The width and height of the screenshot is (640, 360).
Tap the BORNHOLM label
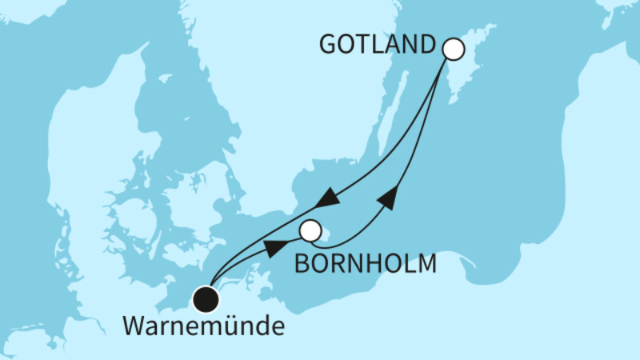tap(366, 263)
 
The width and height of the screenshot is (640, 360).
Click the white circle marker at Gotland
tap(454, 50)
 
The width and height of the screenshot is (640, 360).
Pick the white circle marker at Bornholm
tap(310, 231)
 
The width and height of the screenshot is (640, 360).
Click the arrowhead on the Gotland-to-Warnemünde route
tap(326, 198)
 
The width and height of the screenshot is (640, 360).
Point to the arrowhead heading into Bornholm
tap(274, 247)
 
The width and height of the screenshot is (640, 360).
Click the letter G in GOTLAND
tap(328, 46)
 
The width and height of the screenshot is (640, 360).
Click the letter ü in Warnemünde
tap(232, 327)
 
